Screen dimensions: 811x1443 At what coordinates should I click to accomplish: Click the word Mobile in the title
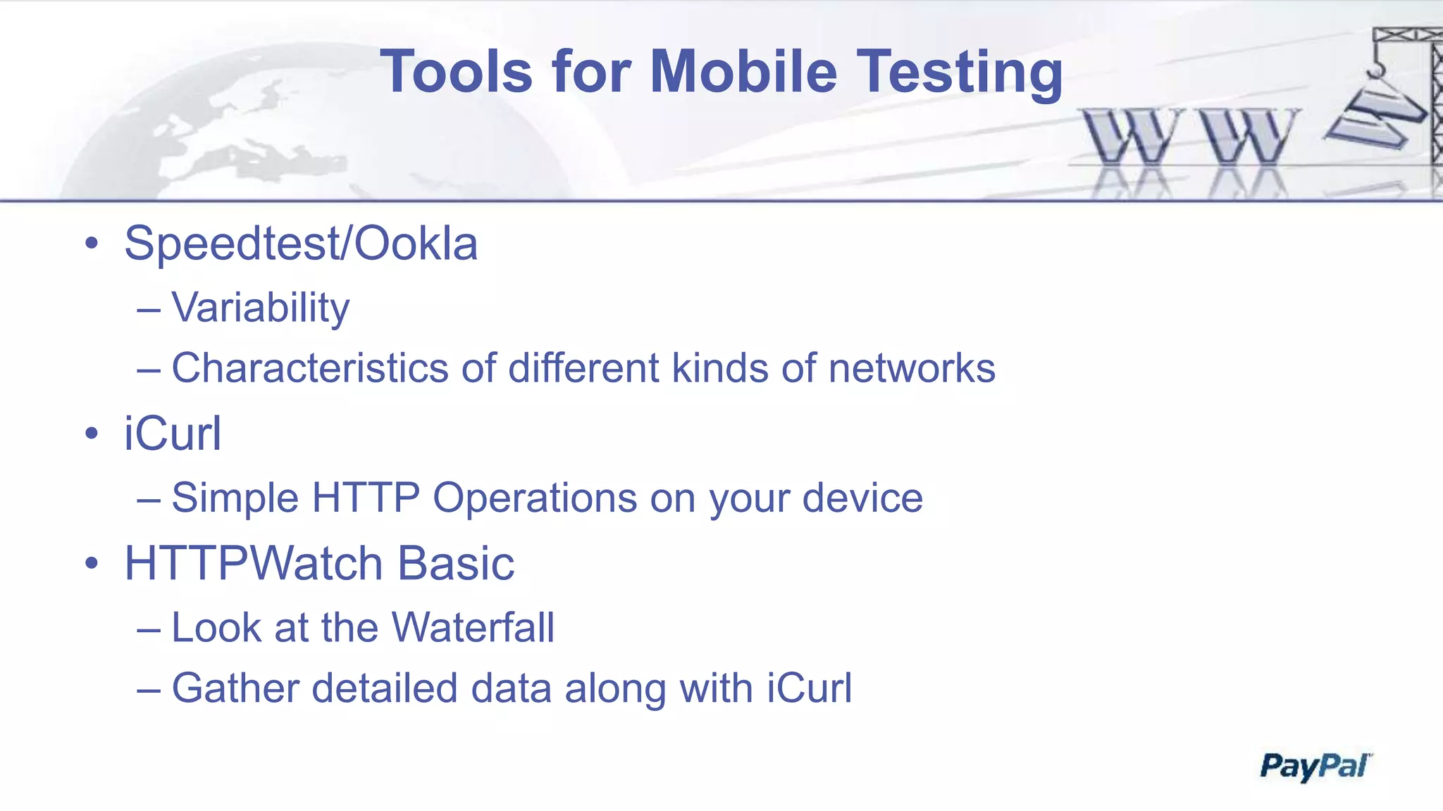743,72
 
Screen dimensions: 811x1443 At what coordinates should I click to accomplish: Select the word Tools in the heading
456,72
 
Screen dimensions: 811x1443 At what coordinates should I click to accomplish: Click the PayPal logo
1315,766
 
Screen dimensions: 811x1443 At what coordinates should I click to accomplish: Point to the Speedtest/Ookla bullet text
301,244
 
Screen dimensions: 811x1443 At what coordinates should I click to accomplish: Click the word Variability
261,308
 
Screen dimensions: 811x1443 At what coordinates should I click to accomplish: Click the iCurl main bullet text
173,434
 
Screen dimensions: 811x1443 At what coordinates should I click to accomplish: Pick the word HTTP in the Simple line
366,498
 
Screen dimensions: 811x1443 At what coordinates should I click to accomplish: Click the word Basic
456,564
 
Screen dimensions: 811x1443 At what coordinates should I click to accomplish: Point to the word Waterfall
473,627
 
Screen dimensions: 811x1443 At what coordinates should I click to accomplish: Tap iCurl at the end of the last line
809,688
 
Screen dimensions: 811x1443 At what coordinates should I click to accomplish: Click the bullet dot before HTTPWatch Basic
92,564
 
